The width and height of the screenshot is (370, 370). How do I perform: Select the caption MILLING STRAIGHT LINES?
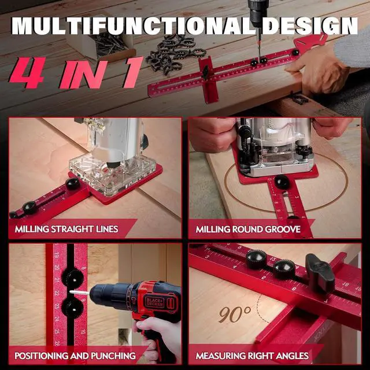pos(66,230)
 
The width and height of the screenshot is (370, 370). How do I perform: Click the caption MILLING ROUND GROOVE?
pos(248,230)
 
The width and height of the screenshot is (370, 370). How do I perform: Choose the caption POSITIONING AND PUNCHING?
pos(75,356)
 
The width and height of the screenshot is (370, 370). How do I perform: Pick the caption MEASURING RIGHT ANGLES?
pos(252,356)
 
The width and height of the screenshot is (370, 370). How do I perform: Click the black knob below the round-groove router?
pos(282,182)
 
